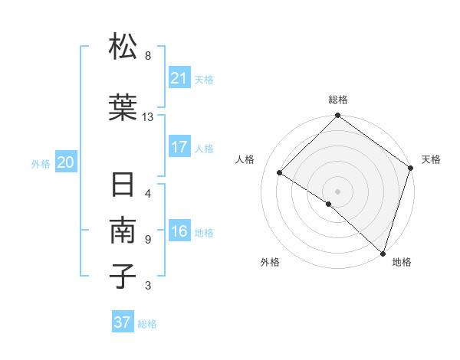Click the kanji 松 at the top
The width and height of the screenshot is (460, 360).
[123, 47]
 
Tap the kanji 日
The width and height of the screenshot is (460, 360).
[123, 186]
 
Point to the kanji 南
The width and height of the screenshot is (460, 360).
[123, 231]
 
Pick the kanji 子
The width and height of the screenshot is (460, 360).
[123, 276]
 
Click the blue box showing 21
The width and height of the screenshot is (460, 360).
[179, 78]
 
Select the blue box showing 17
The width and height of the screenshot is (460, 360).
[179, 147]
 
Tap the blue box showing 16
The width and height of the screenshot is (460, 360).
[179, 232]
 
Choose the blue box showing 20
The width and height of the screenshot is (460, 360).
[66, 162]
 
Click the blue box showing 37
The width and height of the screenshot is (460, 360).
[123, 322]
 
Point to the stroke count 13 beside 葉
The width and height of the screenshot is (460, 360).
[148, 116]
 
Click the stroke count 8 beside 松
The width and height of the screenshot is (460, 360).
[148, 56]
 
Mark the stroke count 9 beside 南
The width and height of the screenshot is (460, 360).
[148, 239]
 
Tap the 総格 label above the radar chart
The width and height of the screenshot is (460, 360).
[337, 100]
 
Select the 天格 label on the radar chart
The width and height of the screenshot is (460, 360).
[431, 159]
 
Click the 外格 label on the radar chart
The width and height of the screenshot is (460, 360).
[270, 263]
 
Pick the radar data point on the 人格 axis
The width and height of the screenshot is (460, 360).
[280, 173]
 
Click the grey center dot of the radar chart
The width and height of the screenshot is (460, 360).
[337, 191]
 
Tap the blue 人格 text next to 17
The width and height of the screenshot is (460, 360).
[205, 148]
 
